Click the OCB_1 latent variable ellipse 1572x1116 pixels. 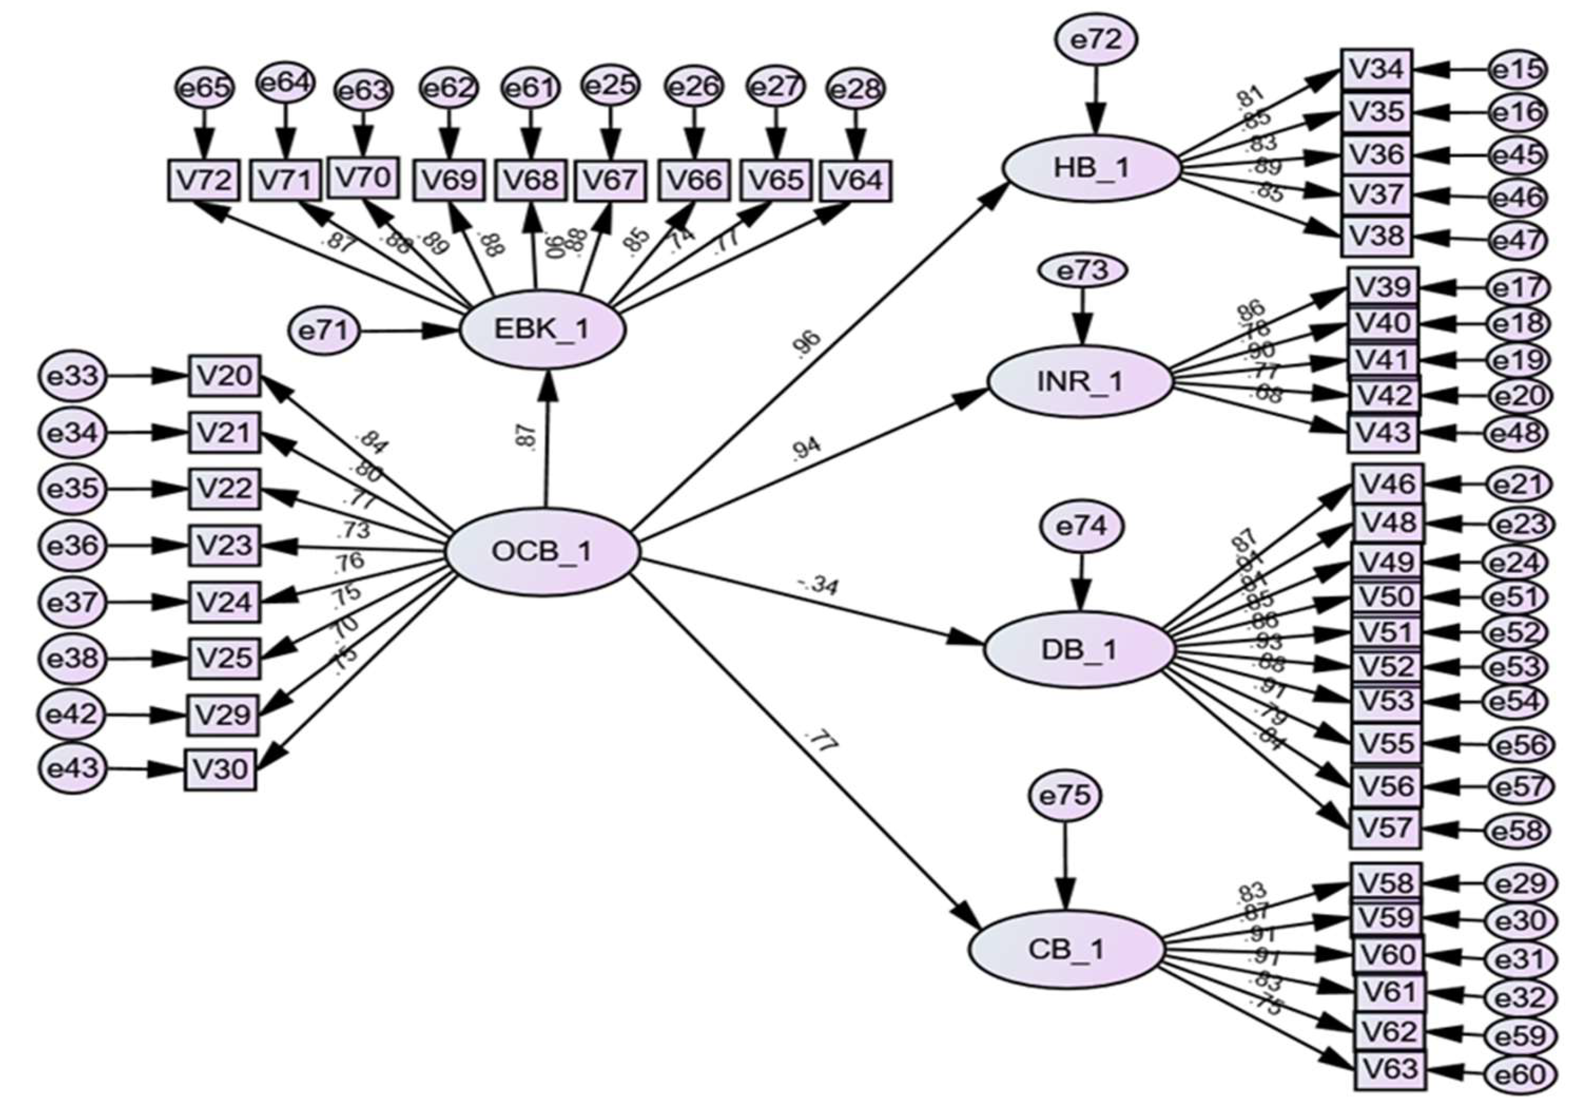543,552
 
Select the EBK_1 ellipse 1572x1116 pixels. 542,330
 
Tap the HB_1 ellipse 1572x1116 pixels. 1091,168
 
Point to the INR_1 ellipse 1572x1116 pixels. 1078,381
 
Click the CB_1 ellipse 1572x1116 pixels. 1066,949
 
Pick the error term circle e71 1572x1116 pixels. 323,332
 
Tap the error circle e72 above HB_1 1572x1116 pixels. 1096,40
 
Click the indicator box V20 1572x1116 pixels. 225,376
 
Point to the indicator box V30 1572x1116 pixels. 220,769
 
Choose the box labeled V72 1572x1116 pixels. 204,180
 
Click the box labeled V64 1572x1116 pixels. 856,181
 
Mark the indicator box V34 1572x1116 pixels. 1376,70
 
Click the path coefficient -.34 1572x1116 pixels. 817,586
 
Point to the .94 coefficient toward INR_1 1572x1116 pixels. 807,449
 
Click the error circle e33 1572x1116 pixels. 73,377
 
